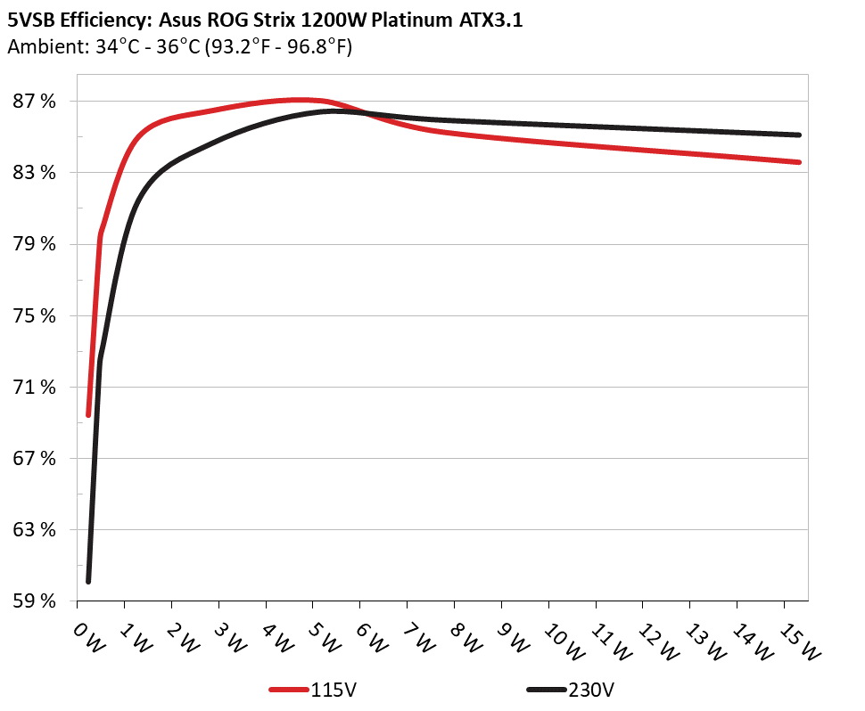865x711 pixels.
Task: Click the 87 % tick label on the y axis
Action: [x=35, y=102]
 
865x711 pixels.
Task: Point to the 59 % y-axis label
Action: [x=35, y=601]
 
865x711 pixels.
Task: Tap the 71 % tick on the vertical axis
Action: [x=35, y=388]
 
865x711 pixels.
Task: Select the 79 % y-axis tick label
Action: [x=35, y=244]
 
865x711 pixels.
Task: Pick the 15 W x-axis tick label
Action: [x=801, y=640]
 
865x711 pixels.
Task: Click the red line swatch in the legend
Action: [x=289, y=690]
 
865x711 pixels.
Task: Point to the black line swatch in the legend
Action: [x=546, y=690]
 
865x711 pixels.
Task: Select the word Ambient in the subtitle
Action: [x=39, y=47]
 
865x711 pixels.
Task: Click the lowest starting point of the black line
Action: [x=88, y=582]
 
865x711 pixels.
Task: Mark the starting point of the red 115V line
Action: [x=88, y=414]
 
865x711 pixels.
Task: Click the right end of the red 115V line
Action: [x=799, y=162]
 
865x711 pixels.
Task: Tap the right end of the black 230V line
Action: [x=799, y=135]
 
